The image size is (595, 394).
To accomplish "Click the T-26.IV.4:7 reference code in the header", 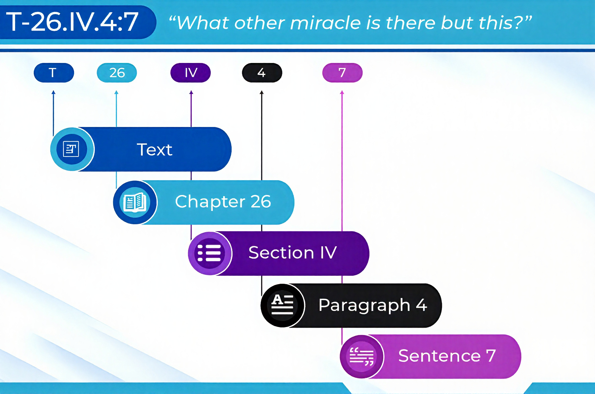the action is pos(72,22).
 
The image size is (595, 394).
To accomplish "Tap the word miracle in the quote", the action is pos(325,23).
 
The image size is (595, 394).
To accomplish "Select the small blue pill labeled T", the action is pos(54,73).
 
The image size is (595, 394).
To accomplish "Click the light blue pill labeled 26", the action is pos(117,73).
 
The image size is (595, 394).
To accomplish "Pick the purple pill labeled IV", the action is pos(191,73).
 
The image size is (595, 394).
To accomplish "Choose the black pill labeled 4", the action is pos(262,73).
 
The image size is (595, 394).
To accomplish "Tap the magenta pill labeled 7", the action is pos(342,73).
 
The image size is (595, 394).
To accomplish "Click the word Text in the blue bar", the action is pos(154,149).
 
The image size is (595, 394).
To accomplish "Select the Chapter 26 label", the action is pos(223,202).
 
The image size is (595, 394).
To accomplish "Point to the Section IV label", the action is pos(292,253).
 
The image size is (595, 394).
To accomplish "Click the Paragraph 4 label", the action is pos(373,305).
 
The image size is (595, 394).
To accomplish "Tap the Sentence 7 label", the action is pos(447,355).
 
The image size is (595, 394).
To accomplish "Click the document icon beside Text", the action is pos(71,149).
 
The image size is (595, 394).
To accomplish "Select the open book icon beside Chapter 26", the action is pos(135,202).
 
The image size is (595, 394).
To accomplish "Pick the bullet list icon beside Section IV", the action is pos(209,253).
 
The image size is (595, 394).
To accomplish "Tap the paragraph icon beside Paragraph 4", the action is pos(282,305).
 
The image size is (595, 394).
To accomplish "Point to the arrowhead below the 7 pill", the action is pos(342,92).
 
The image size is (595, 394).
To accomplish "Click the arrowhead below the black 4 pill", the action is pos(262,92).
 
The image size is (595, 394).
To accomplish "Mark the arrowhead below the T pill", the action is pos(53,92).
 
